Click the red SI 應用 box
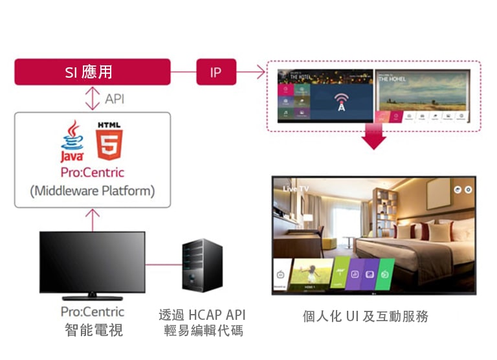(93, 72)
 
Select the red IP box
(216, 72)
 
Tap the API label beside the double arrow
(115, 99)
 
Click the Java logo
(72, 141)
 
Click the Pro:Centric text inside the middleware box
(92, 173)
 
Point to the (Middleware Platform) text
(92, 191)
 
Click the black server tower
(201, 265)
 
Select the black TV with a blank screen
(93, 262)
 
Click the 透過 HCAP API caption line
(202, 315)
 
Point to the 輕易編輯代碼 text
(202, 331)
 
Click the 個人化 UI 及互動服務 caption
(366, 317)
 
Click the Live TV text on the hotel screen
(297, 188)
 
